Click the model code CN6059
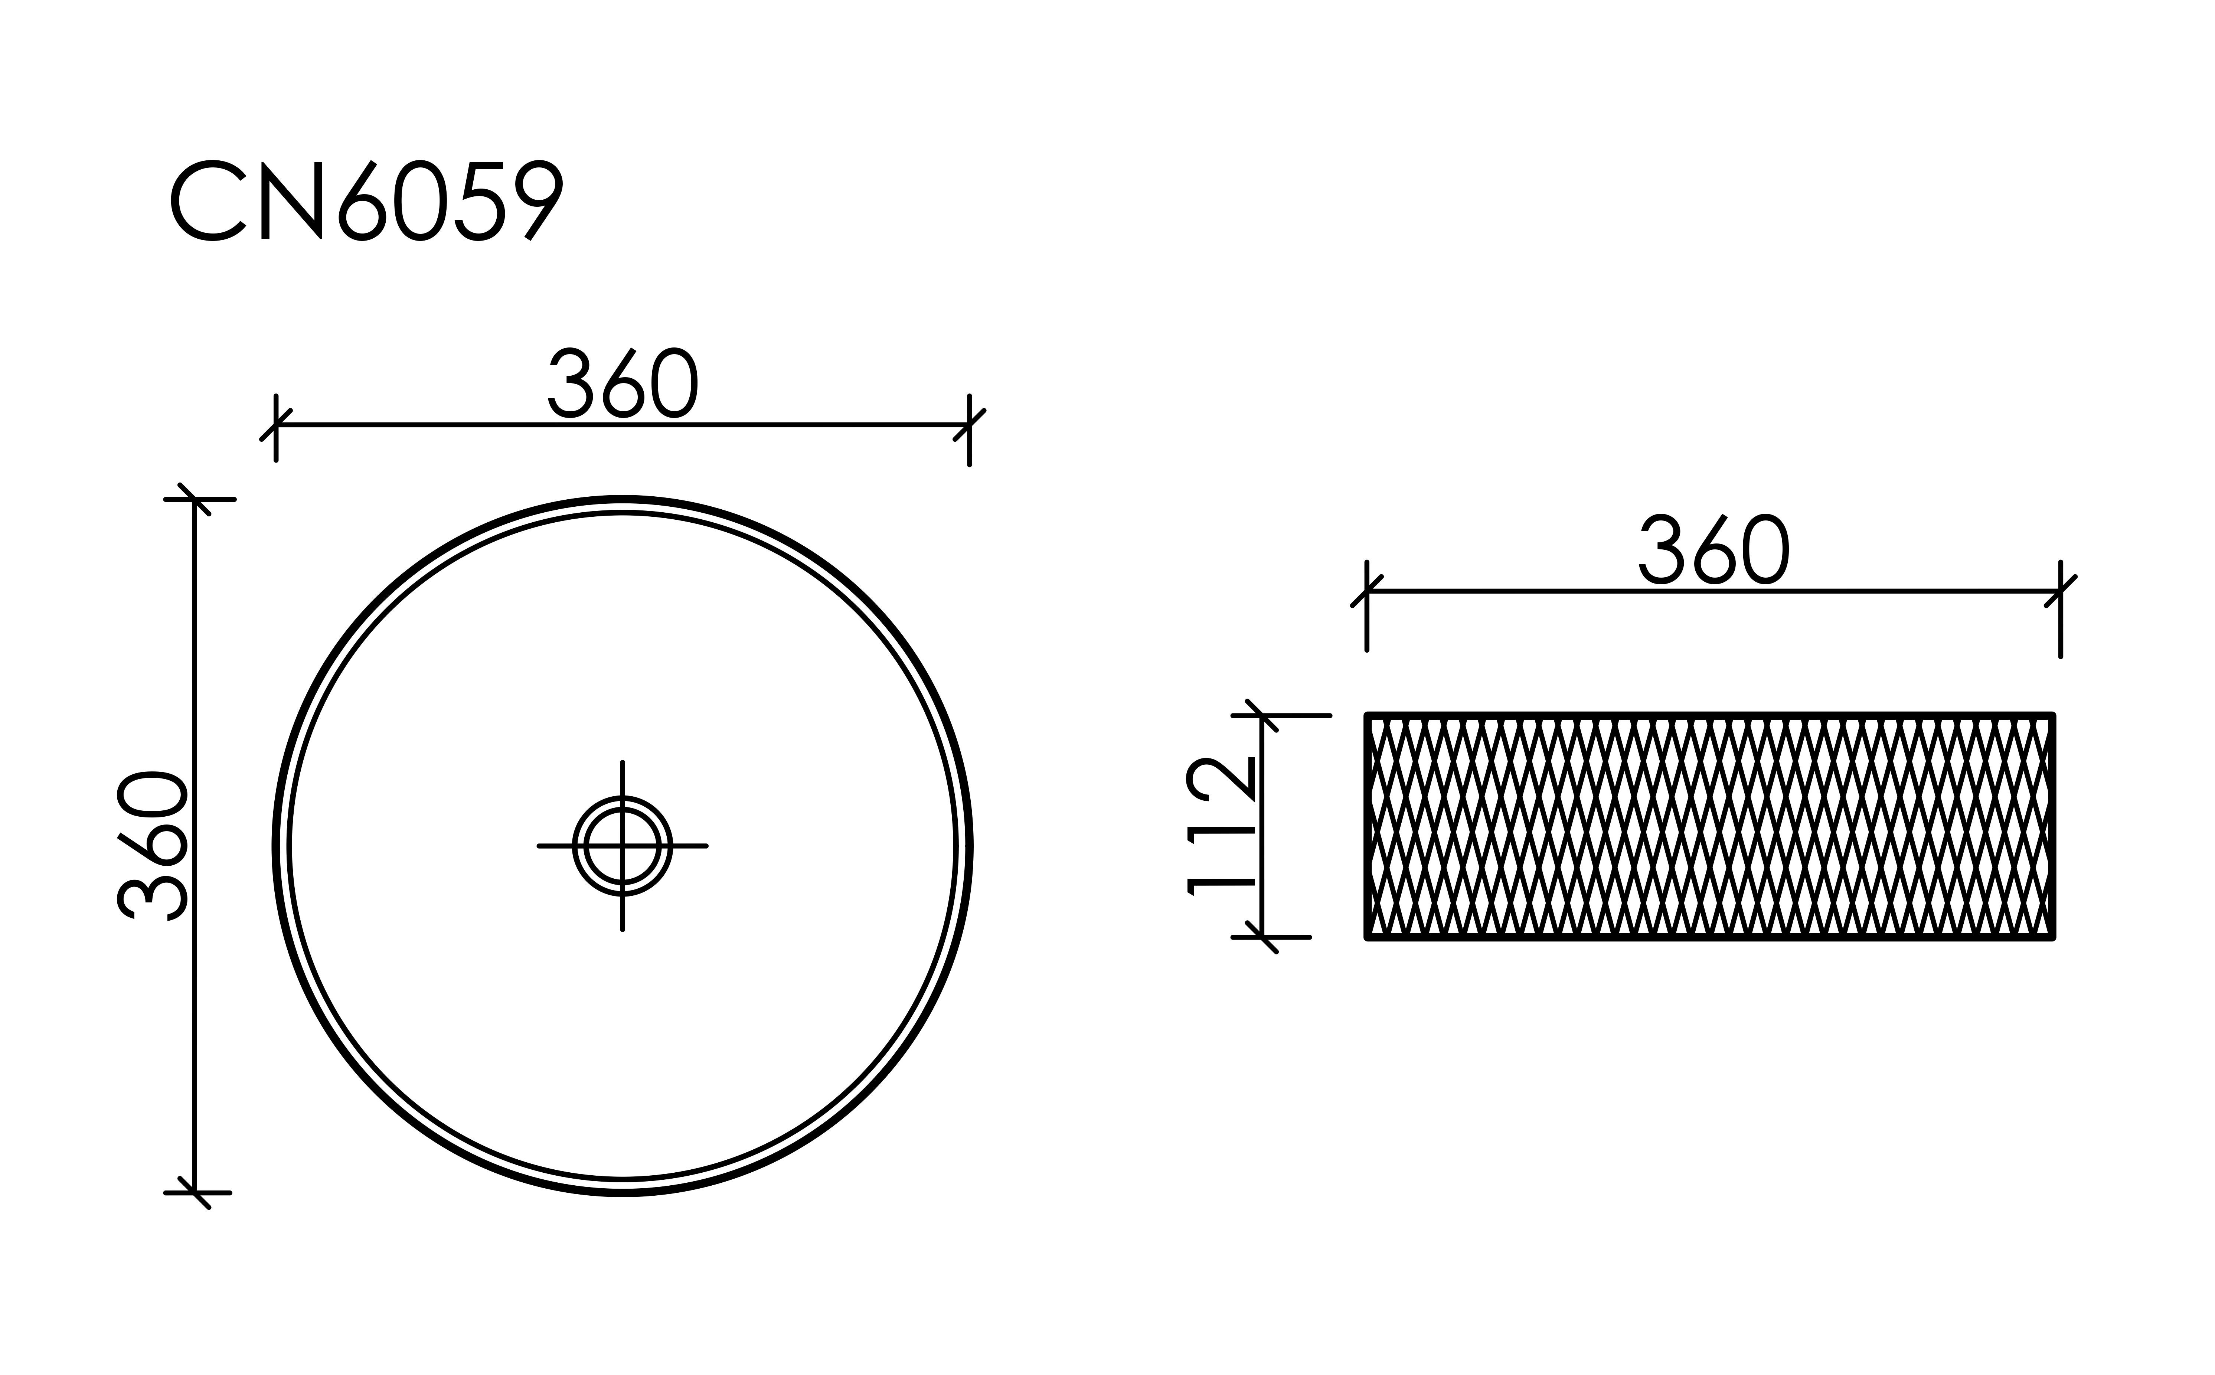(366, 201)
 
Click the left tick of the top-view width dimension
(275, 425)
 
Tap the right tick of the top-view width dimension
(969, 425)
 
